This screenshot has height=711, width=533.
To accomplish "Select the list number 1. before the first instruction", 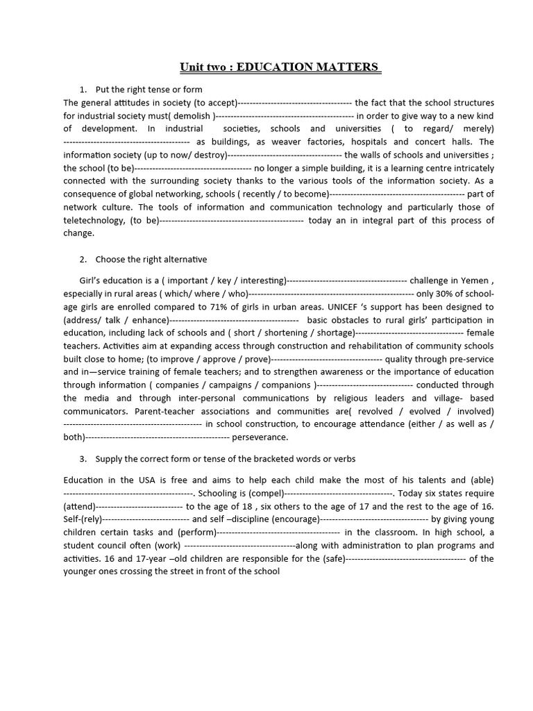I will pos(83,90).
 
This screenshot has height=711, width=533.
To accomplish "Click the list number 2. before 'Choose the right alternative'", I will pos(83,259).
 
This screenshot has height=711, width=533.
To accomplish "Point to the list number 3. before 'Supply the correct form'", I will pos(83,459).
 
